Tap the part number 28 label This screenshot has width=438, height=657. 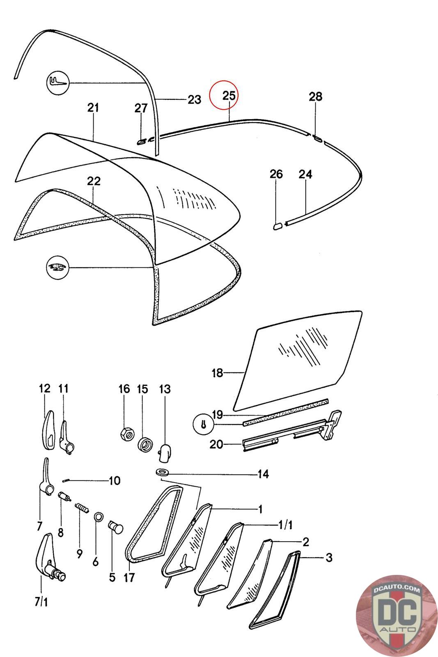click(x=315, y=97)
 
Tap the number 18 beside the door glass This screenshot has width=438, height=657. click(x=217, y=373)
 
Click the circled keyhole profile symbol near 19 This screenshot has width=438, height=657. click(x=204, y=425)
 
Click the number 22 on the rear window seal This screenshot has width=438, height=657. click(x=94, y=181)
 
